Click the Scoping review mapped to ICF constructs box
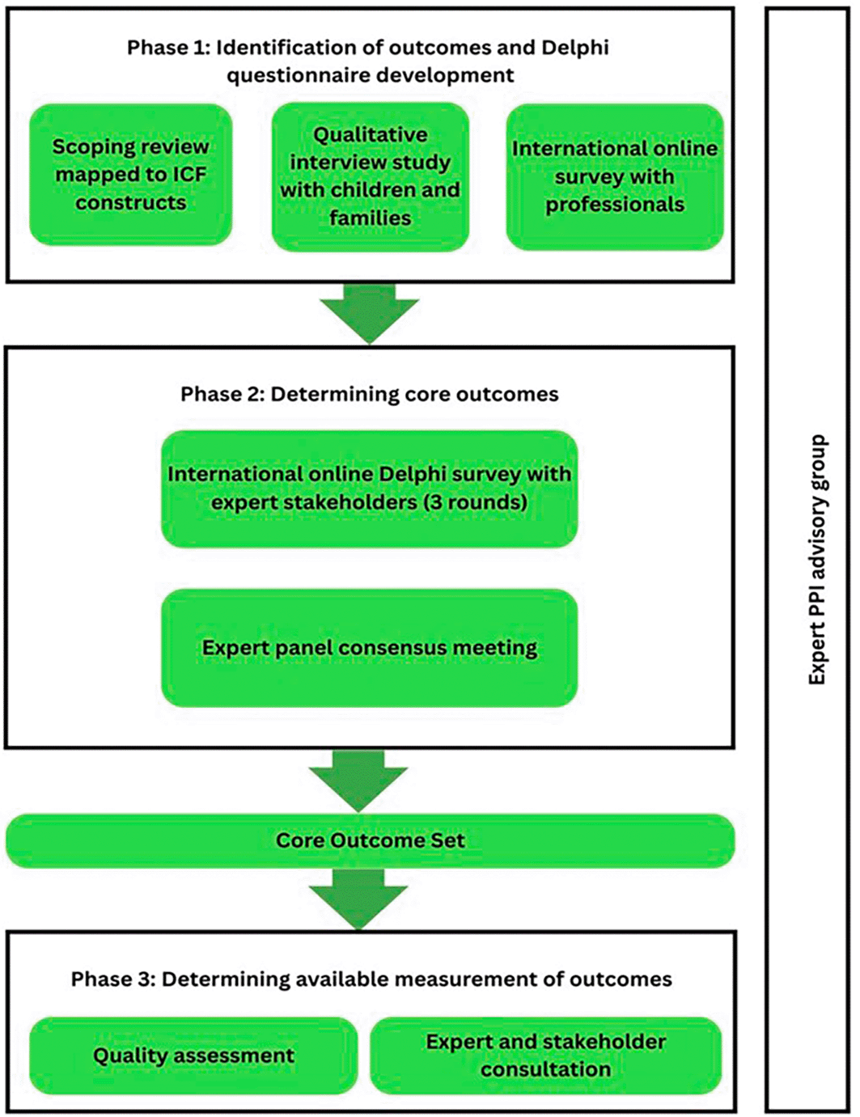click(130, 175)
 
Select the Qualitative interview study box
click(370, 177)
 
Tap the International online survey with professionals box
click(615, 177)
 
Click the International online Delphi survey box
click(370, 489)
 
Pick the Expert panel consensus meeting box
click(370, 648)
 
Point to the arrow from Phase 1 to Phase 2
click(370, 314)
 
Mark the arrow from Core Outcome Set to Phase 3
click(358, 899)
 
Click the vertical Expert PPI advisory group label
click(817, 560)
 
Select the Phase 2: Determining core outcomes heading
click(370, 394)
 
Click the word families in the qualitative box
click(370, 218)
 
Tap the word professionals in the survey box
click(615, 205)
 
